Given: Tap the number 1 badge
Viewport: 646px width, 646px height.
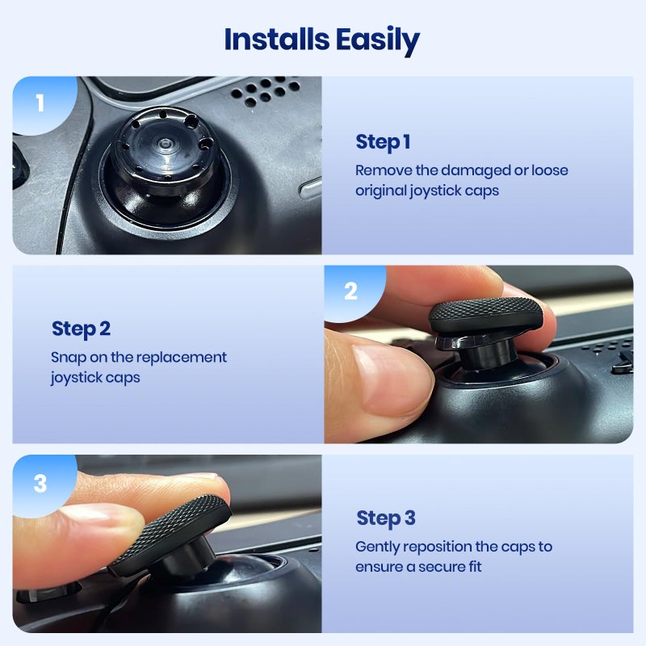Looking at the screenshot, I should [40, 103].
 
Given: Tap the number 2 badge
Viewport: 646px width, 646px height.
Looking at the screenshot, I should [350, 292].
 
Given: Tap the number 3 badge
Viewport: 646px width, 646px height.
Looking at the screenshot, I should [40, 483].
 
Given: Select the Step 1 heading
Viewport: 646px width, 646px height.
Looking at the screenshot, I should [383, 142].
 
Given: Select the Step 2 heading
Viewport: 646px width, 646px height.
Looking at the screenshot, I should [81, 329].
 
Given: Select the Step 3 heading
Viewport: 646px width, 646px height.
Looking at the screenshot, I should [386, 518].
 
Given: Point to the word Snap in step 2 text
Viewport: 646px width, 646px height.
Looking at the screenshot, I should [68, 357].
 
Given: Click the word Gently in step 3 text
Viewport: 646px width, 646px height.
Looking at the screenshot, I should [378, 547].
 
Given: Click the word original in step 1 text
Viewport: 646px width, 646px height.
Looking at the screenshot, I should [388, 191].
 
